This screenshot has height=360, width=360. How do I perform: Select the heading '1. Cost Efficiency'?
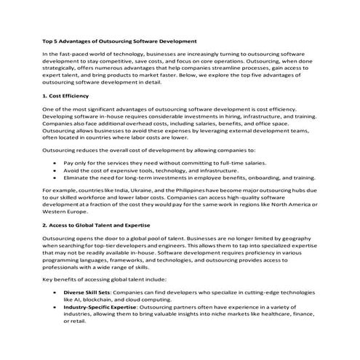[65, 95]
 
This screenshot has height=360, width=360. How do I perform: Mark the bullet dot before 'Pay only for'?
[55, 162]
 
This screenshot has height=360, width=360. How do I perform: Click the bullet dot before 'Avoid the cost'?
[55, 169]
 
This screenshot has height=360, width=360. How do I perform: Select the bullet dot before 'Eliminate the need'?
[55, 177]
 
